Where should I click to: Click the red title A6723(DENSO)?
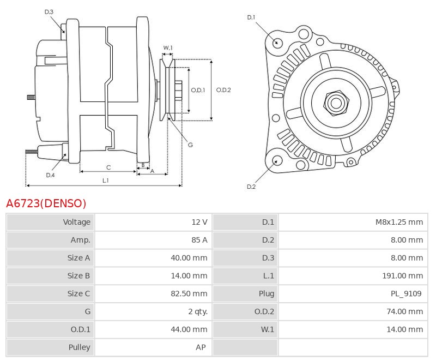tap(46, 204)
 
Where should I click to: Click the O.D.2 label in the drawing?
tap(223, 90)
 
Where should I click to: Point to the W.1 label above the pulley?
tap(168, 48)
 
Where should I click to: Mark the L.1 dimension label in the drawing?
tap(106, 180)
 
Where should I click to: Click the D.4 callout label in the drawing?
tap(50, 175)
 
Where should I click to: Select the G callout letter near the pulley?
tap(190, 145)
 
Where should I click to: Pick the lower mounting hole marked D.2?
tap(277, 160)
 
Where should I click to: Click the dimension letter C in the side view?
tap(108, 167)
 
